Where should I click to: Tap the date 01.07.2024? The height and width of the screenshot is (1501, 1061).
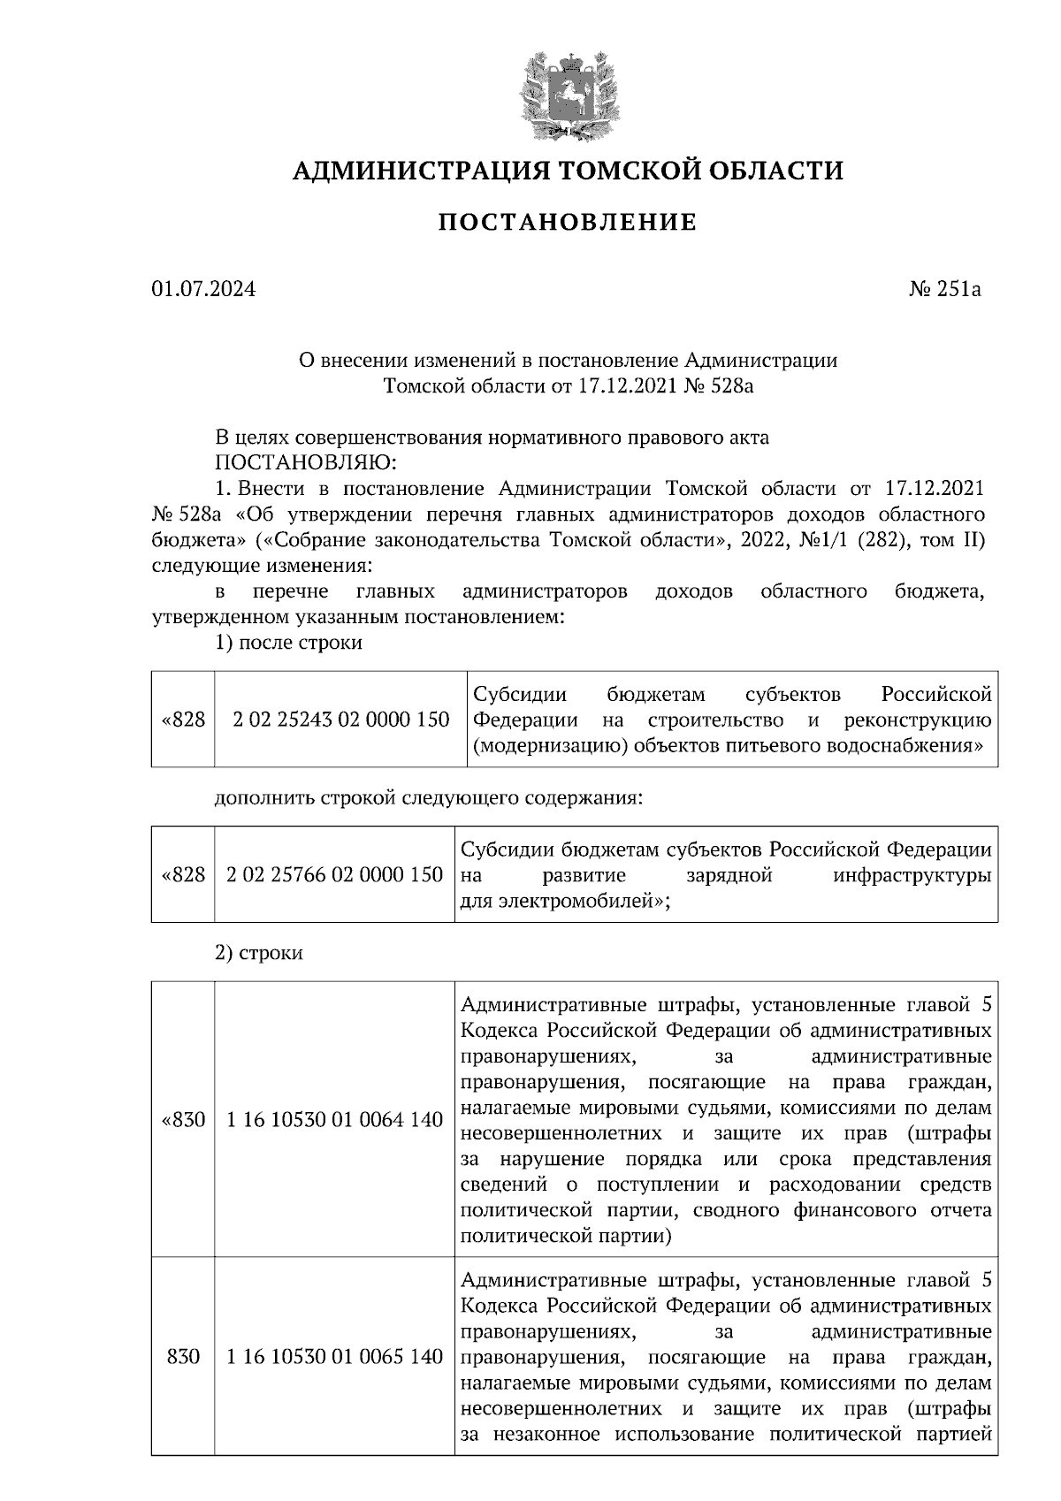[x=203, y=289]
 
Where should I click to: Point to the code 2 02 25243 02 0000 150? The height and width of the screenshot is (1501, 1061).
[x=341, y=720]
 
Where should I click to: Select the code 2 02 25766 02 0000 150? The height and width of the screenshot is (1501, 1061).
[x=334, y=875]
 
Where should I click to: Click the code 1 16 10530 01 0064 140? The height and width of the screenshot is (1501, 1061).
[x=334, y=1120]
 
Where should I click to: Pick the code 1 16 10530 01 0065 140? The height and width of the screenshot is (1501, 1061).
[x=334, y=1356]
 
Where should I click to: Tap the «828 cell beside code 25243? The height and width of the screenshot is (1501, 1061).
[x=183, y=720]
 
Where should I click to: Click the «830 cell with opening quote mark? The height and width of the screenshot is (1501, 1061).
[x=183, y=1120]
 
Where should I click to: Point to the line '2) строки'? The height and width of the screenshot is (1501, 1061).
[x=259, y=953]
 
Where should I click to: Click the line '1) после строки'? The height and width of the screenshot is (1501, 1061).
[x=288, y=643]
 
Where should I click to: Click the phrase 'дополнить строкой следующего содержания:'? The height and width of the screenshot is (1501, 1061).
[x=428, y=797]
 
